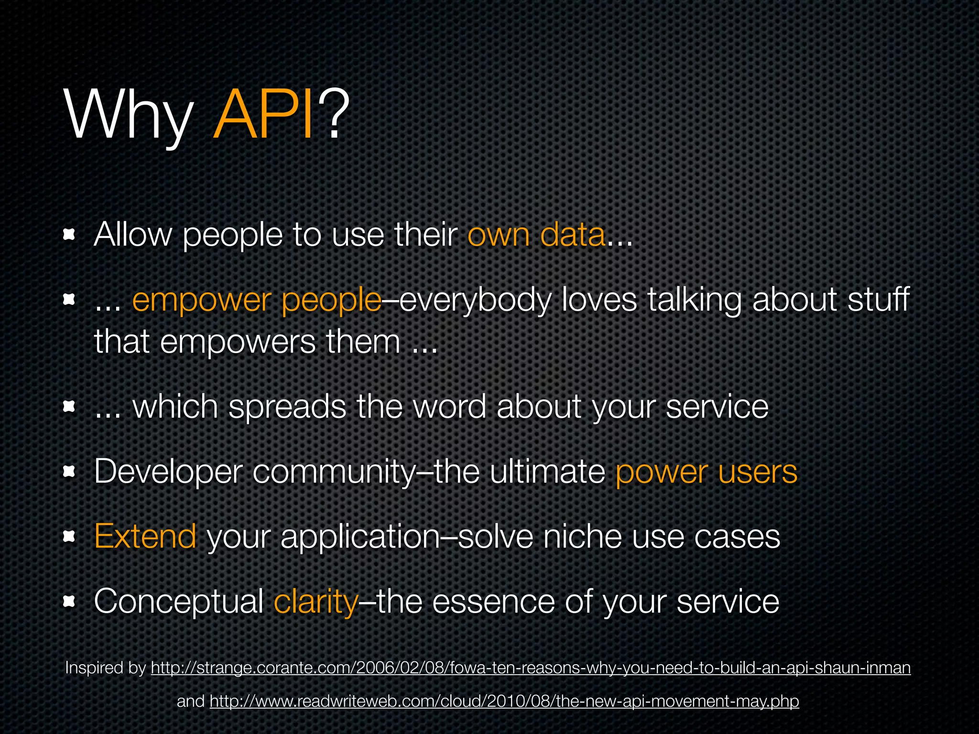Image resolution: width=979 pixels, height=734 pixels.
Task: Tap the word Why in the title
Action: coord(129,117)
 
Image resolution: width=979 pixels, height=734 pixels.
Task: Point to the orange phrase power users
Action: coord(706,472)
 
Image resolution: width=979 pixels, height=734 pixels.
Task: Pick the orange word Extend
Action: coord(145,536)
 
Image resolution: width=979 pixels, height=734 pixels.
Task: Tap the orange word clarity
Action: coord(315,601)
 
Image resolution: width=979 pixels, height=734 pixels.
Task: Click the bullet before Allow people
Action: coord(70,235)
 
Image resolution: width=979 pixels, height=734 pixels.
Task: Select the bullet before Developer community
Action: coord(70,472)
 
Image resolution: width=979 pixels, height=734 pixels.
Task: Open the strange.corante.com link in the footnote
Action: coord(531,668)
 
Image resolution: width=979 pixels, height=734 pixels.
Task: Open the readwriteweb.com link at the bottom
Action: coord(504,701)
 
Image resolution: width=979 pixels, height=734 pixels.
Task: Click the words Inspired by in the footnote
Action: coord(105,668)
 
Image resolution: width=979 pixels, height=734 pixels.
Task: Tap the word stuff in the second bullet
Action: coord(879,300)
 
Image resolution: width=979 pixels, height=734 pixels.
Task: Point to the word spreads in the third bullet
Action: coord(287,407)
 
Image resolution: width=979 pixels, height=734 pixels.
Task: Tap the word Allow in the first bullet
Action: coord(132,235)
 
